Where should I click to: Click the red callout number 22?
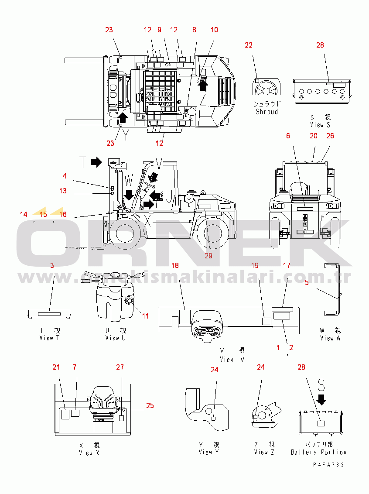249,45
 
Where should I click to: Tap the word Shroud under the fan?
266,112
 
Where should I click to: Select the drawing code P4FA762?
328,465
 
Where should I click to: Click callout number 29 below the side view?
208,256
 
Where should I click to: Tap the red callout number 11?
145,316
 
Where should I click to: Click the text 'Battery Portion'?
318,453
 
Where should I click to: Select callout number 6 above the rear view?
288,136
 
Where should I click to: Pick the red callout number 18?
175,265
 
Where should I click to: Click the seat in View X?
104,401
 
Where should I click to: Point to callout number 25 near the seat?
150,405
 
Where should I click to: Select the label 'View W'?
330,338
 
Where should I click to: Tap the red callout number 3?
52,265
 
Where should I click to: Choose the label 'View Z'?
264,453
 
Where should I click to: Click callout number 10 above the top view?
214,30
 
